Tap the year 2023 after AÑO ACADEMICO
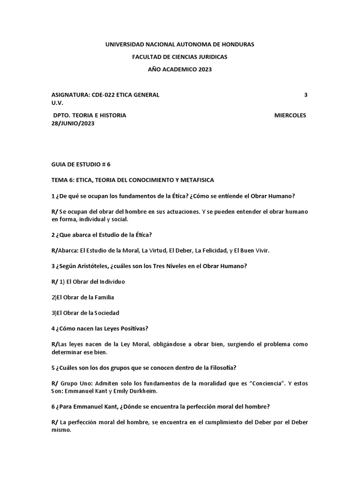click(204, 69)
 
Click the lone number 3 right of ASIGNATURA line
click(306, 95)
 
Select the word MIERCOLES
click(290, 115)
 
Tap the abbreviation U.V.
click(57, 103)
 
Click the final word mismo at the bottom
click(61, 430)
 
